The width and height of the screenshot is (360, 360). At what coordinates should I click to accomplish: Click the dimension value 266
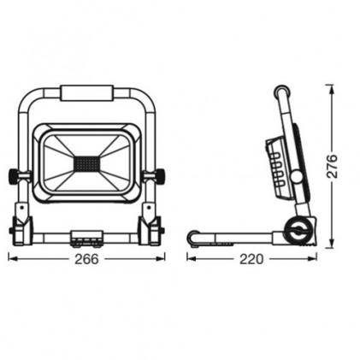tap(86, 259)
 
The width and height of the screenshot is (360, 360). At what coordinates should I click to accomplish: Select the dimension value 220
tap(251, 259)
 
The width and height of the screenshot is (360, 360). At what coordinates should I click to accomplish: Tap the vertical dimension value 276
tap(332, 167)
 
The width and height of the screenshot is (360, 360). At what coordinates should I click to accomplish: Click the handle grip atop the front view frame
tap(87, 93)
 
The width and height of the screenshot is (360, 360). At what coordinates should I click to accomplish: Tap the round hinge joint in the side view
tap(297, 231)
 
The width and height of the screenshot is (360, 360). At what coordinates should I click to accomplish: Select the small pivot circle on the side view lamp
tap(297, 177)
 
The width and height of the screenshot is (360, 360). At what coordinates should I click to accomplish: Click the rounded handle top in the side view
tap(282, 91)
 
